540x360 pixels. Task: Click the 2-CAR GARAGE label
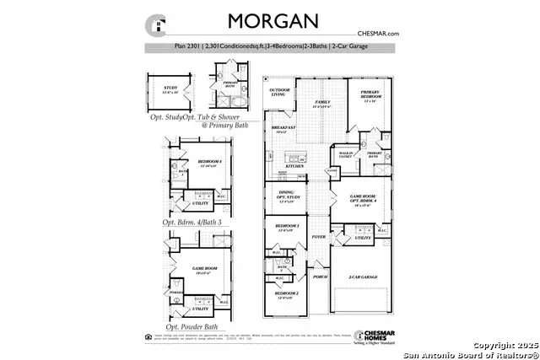(x=363, y=276)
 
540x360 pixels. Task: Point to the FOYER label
(x=319, y=238)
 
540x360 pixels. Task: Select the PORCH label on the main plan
(x=320, y=276)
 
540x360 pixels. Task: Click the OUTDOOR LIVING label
(x=278, y=93)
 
